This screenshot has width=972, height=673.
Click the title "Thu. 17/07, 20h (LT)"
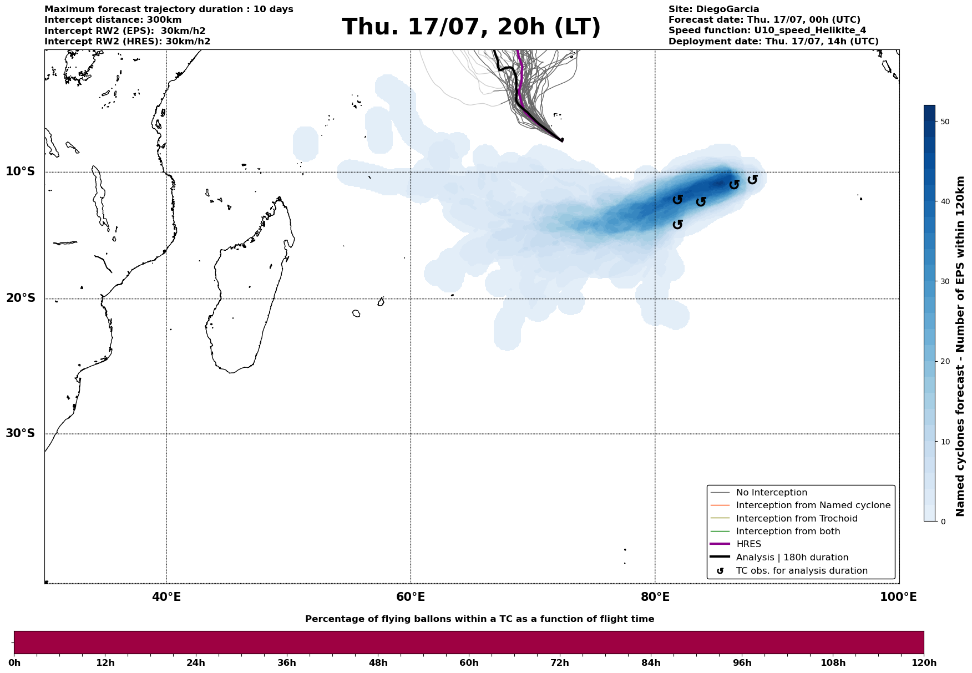pos(471,27)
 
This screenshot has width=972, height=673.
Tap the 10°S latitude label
pos(21,171)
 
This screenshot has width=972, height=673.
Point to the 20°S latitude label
pos(21,298)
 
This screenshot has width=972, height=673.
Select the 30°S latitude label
pos(21,433)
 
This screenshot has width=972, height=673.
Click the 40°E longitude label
pos(166,598)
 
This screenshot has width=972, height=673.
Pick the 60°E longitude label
pos(411,598)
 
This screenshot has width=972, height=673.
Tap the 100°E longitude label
pos(898,598)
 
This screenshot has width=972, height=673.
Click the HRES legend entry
pos(748,544)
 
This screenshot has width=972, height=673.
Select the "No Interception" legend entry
pos(771,493)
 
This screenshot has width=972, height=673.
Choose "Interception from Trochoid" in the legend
pos(796,519)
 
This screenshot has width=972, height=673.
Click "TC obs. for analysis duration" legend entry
pos(801,571)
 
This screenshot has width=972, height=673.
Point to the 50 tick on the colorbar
pos(946,122)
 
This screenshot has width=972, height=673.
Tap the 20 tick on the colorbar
pos(946,362)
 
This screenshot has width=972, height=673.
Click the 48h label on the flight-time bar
pos(378,663)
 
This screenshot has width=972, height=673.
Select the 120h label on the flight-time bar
pos(924,663)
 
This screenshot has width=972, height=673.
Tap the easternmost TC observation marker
pos(752,180)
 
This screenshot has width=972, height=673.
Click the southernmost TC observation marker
pos(677,224)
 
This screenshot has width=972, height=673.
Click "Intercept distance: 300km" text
pos(113,20)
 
